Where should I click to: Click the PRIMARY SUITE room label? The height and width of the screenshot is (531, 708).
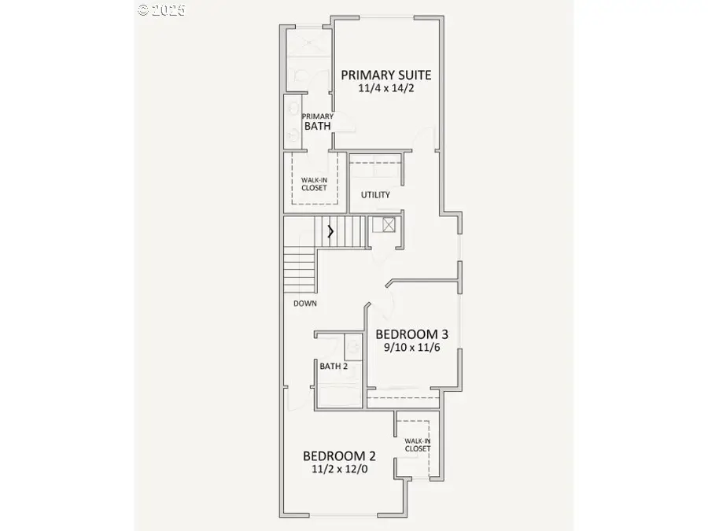[385, 76]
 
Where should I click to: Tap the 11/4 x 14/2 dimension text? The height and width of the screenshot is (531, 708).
[385, 89]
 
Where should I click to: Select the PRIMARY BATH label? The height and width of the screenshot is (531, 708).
[317, 121]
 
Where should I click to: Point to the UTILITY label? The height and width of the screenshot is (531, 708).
[375, 195]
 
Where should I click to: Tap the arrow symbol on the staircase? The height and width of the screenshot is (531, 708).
[330, 231]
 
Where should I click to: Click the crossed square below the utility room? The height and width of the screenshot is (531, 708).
[387, 225]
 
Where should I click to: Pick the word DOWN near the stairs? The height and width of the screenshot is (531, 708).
[305, 303]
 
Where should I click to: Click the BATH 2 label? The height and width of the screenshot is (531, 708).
[334, 365]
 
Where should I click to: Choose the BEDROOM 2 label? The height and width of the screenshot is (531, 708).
[339, 455]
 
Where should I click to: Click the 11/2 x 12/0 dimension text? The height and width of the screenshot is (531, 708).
[339, 469]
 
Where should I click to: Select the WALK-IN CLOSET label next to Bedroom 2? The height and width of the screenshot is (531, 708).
[417, 445]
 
